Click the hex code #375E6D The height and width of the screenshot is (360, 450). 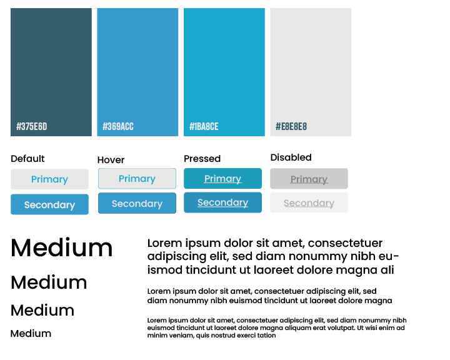[x=32, y=126]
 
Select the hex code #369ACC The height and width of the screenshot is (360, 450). [x=118, y=126]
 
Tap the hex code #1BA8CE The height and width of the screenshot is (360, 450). [x=204, y=126]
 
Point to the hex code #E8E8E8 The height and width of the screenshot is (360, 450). [x=291, y=126]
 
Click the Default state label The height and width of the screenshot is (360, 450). [x=27, y=159]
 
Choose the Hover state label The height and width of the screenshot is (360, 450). [x=111, y=160]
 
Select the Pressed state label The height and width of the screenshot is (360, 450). [x=202, y=159]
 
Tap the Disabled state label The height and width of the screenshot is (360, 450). [x=291, y=157]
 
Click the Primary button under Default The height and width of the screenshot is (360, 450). [x=49, y=179]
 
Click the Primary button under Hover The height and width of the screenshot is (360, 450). [x=137, y=179]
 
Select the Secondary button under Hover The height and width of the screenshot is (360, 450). [x=137, y=203]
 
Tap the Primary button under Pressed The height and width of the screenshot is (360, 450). [x=222, y=179]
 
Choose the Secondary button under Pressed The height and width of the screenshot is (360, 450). [x=222, y=202]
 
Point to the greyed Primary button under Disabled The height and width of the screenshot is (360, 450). [x=309, y=179]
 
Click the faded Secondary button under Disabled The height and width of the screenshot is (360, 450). [x=309, y=203]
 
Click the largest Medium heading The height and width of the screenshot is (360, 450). [x=62, y=247]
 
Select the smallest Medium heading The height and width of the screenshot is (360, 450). [x=31, y=334]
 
